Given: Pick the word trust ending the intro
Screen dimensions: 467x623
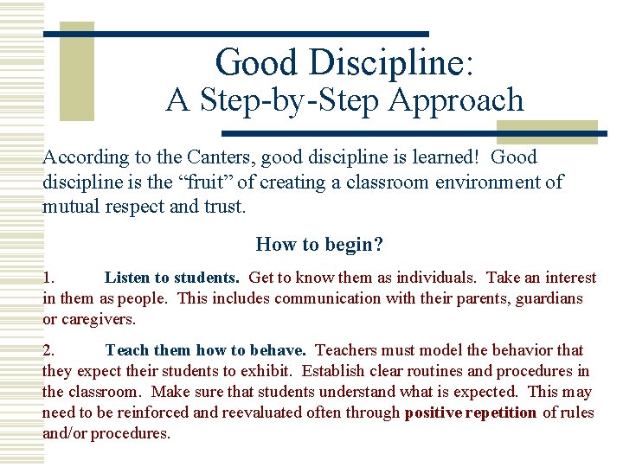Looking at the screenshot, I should pyautogui.click(x=225, y=208).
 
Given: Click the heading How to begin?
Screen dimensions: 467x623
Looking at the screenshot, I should pyautogui.click(x=319, y=245).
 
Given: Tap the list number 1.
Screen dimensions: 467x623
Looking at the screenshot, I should pyautogui.click(x=49, y=278).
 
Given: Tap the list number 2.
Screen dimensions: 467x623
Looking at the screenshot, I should pyautogui.click(x=49, y=350).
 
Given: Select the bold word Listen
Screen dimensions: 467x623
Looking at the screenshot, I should pyautogui.click(x=126, y=278).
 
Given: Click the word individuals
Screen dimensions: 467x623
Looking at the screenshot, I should pyautogui.click(x=432, y=278).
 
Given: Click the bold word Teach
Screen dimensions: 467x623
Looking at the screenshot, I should pyautogui.click(x=126, y=350).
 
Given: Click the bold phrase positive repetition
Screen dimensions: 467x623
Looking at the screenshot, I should pyautogui.click(x=471, y=413).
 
